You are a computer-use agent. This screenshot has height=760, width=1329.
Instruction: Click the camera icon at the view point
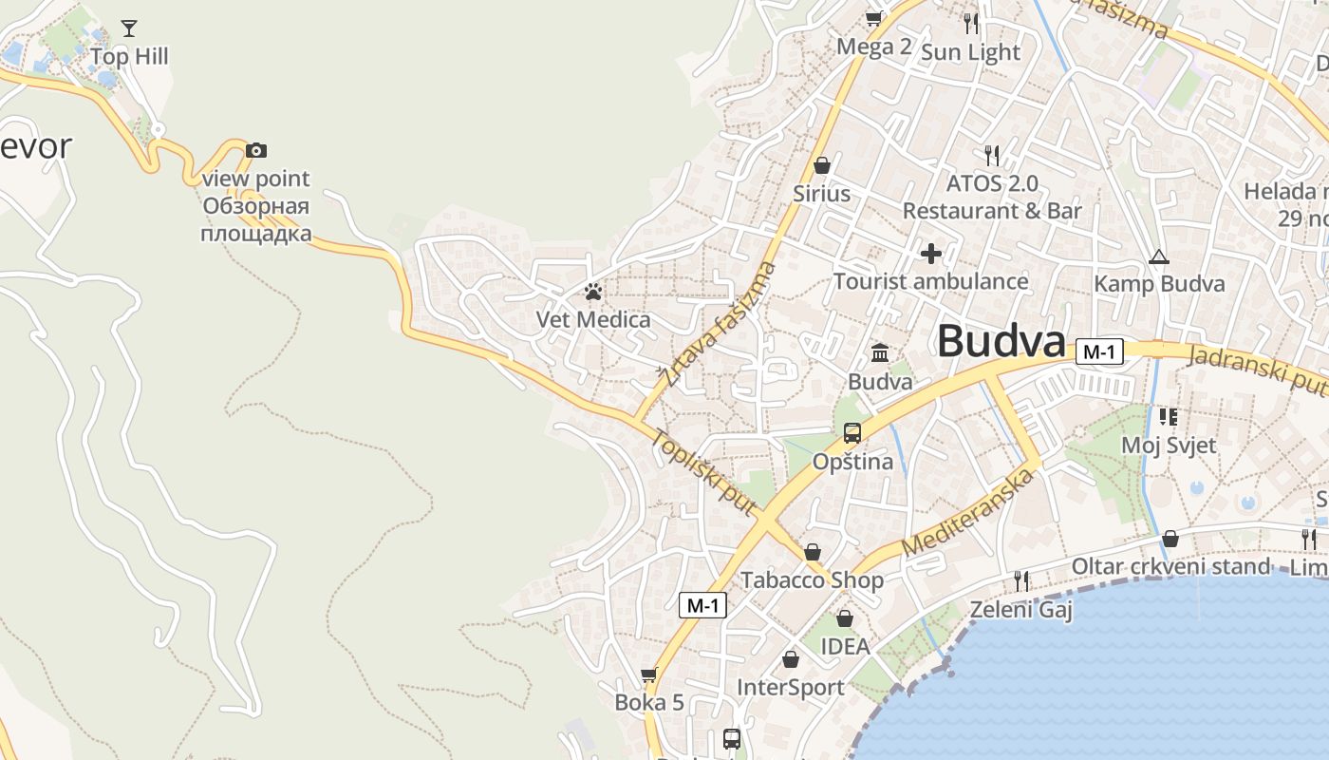[256, 150]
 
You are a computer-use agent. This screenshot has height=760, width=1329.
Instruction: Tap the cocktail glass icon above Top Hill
[129, 28]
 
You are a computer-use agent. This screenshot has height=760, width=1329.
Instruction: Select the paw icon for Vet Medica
[593, 292]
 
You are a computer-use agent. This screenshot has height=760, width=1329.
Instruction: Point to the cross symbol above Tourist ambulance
[931, 253]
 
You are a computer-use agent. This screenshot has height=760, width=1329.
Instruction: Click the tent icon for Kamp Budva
[1158, 256]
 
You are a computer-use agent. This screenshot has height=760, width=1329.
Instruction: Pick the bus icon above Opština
[852, 433]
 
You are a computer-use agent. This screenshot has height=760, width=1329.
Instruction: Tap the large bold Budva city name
[1001, 342]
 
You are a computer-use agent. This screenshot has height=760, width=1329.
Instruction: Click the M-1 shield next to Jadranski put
[1099, 352]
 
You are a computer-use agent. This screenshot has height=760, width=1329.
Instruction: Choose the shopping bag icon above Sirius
[822, 165]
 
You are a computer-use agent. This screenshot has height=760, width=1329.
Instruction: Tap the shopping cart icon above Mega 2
[874, 18]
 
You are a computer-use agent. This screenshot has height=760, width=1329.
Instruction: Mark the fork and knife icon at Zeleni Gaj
[1021, 580]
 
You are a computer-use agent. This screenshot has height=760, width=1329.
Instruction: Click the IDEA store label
[845, 646]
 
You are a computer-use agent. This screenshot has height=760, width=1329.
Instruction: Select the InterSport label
[791, 687]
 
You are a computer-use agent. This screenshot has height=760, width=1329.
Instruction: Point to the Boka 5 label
[649, 703]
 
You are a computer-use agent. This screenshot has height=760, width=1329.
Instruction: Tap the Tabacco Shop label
[812, 579]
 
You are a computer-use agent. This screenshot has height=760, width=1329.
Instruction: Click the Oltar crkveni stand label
[1170, 567]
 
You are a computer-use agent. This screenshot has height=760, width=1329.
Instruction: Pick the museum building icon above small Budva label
[880, 353]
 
